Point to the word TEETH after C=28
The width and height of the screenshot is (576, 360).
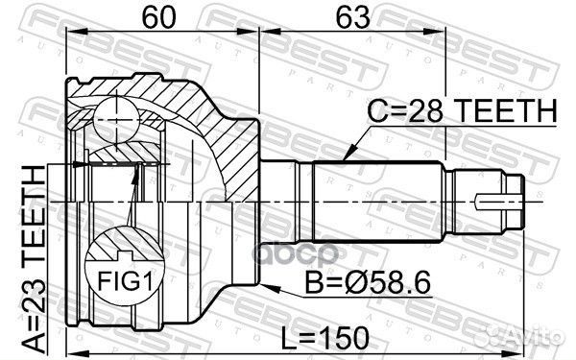[504, 114]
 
